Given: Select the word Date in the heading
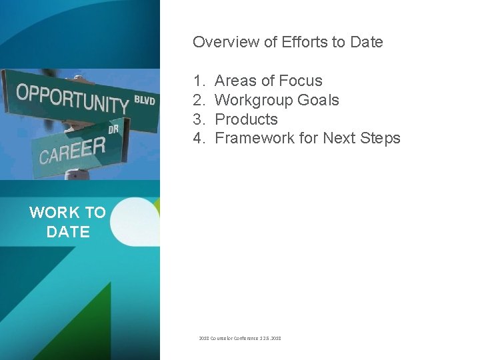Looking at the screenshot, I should [x=367, y=42].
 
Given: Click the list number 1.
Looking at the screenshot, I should [x=199, y=81].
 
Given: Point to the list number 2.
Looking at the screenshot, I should [x=199, y=100].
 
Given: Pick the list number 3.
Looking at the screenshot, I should [x=199, y=119].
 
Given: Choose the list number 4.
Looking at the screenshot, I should [x=199, y=139].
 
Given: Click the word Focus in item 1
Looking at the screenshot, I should [x=301, y=81].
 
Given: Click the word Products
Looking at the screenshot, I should [x=246, y=119].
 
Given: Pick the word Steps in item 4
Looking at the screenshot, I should [x=380, y=139].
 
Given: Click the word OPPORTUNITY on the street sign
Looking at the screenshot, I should [x=71, y=98].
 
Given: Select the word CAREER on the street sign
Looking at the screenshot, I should [x=72, y=151].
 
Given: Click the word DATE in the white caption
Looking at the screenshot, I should [x=68, y=232].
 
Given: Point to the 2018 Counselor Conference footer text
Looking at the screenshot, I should [x=240, y=339].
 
